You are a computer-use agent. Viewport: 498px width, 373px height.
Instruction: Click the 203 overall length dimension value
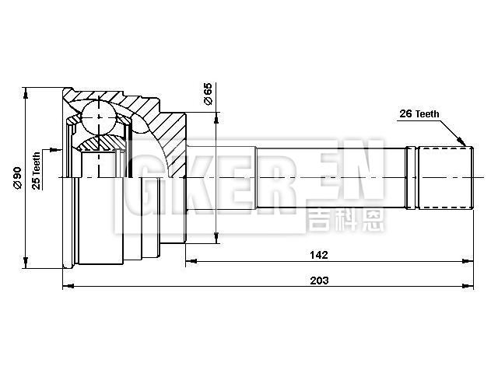point(320,280)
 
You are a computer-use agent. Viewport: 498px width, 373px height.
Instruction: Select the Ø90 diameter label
point(16,180)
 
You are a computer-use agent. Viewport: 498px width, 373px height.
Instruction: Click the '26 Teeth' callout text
point(419,113)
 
